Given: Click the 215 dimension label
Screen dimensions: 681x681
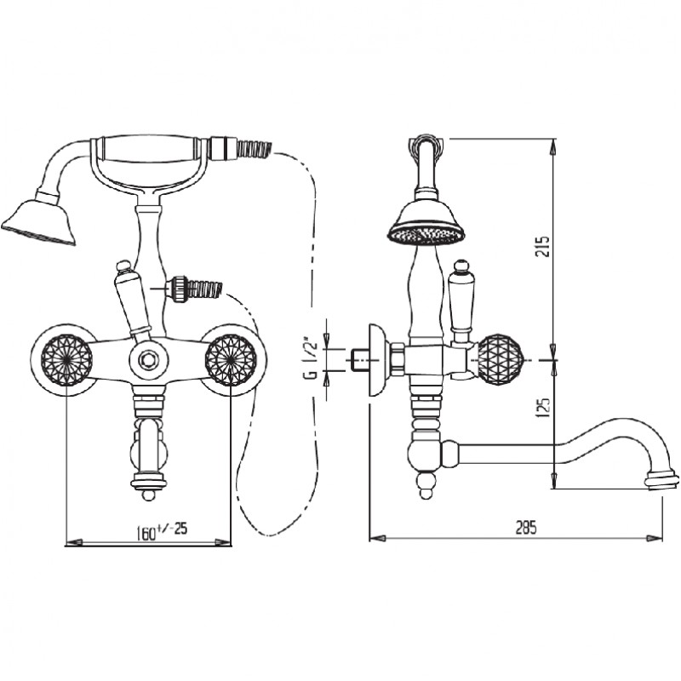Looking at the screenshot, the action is coord(542,246).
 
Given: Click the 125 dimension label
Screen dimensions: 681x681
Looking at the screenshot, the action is coord(544,408).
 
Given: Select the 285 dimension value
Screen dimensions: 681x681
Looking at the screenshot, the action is coord(526,527).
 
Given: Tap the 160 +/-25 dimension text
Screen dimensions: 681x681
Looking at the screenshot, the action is coord(162,530).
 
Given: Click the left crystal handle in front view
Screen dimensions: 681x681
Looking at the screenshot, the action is coord(66,360).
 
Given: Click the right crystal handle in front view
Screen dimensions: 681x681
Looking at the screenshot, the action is coord(231,360).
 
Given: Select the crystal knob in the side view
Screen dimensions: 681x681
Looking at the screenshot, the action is coord(500,360).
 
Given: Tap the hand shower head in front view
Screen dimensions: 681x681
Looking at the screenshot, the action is coord(39,221).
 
